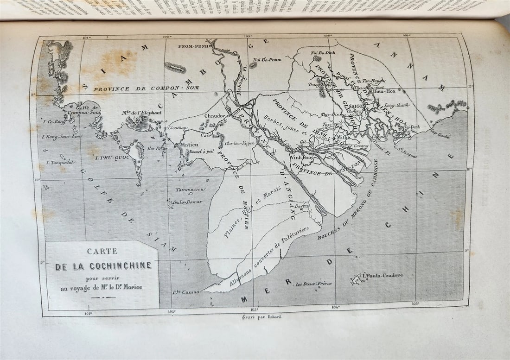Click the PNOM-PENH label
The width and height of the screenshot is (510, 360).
click(194, 46)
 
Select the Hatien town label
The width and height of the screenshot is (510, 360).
click(189, 145)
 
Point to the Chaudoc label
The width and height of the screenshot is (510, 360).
click(214, 115)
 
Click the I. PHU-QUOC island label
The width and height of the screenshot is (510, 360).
click(111, 158)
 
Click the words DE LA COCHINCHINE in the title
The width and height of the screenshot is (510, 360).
click(103, 266)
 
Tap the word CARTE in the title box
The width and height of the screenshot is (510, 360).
click(102, 252)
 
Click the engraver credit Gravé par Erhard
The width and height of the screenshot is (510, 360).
click(255, 317)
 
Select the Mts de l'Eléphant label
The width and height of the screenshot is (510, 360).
click(142, 113)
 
